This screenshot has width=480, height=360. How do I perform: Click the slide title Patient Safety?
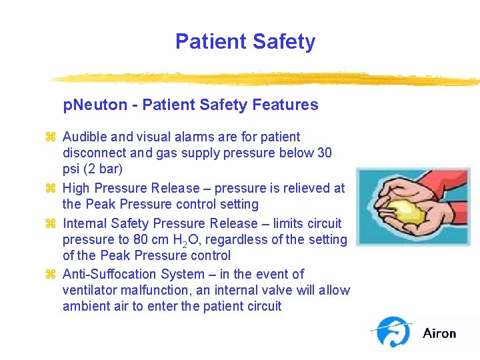[x=245, y=41]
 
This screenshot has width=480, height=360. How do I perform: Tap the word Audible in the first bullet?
[x=85, y=137]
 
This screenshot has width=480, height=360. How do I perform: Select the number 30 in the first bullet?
[x=324, y=153]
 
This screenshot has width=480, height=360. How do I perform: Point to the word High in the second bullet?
[x=76, y=189]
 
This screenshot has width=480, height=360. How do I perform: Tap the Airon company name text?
[x=439, y=333]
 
